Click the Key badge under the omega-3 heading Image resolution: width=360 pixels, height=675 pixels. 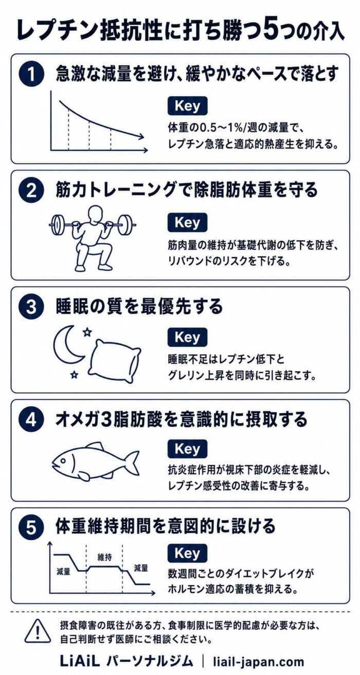(x=187, y=449)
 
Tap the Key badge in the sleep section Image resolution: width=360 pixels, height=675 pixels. (x=187, y=337)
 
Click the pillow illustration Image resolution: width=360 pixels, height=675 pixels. (x=114, y=361)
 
